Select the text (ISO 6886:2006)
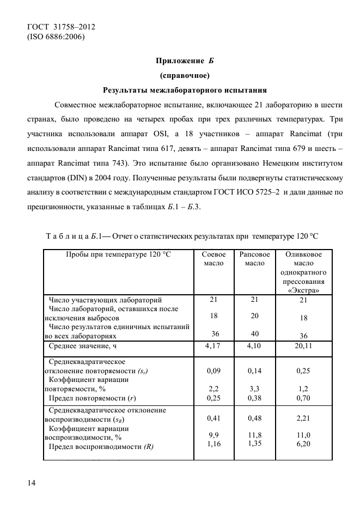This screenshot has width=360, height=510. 56,37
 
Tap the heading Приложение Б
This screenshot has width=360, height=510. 184,60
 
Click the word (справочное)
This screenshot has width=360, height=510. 184,75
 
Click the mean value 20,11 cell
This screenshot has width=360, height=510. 303,347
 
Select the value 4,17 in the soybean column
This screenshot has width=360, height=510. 213,346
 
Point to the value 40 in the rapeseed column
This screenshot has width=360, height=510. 255,333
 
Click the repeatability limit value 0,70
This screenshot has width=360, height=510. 303,398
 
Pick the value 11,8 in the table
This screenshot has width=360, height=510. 255,435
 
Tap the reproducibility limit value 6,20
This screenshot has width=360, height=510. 303,445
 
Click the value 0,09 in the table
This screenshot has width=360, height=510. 213,371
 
